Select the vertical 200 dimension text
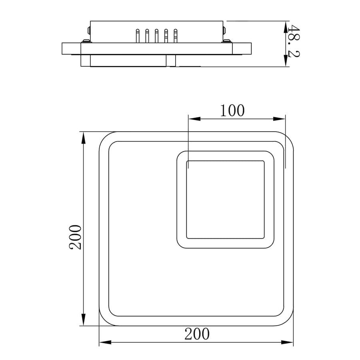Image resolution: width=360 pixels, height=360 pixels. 76,237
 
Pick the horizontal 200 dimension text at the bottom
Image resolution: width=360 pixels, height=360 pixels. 197,333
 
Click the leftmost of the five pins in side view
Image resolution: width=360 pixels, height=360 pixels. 138,35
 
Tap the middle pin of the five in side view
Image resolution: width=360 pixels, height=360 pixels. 156,35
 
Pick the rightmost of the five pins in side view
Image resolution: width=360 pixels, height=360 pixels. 175,35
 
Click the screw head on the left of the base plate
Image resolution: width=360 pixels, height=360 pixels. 85,40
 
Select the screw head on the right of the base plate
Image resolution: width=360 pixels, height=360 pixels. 227,40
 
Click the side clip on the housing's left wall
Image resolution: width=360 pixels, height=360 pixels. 88,30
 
